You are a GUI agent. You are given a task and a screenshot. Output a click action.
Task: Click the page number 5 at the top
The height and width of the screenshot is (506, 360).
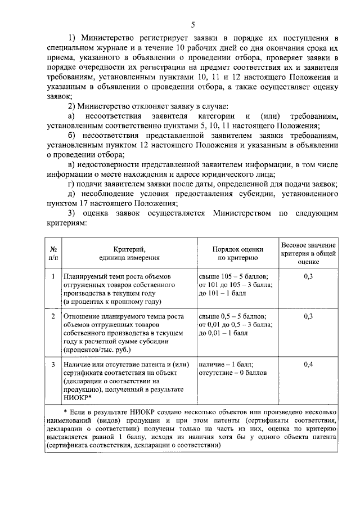[193, 24]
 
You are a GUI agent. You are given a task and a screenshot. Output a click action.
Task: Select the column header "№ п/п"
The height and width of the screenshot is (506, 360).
[53, 253]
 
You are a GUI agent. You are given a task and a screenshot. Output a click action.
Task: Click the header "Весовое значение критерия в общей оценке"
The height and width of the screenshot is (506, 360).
[308, 253]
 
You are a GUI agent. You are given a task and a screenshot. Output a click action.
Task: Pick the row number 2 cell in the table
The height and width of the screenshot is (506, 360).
[53, 317]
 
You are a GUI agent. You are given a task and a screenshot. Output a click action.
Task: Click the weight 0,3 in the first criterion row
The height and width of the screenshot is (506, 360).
[308, 276]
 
